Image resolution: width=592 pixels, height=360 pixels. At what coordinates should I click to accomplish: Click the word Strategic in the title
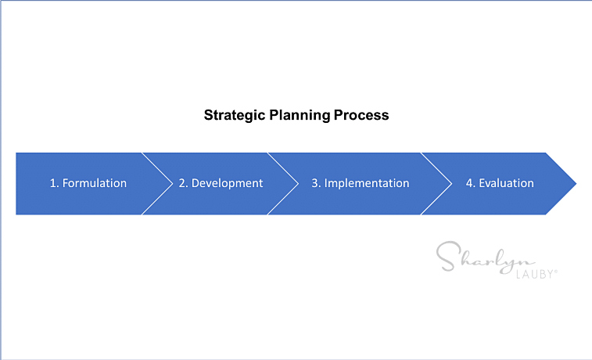click(235, 116)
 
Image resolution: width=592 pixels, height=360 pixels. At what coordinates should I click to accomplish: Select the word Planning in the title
click(300, 116)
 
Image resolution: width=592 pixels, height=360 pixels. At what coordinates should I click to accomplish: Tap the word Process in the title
click(361, 115)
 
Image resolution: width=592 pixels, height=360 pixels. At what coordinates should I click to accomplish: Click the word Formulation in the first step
click(95, 183)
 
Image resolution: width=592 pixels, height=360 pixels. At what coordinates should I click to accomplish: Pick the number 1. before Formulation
click(55, 183)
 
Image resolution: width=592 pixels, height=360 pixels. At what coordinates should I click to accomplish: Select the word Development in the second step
click(227, 184)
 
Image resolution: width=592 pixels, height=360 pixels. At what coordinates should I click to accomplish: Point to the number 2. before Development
click(183, 183)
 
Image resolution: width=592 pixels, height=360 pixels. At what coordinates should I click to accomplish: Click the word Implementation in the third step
click(367, 184)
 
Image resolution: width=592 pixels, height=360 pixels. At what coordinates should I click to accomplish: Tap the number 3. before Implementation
click(316, 183)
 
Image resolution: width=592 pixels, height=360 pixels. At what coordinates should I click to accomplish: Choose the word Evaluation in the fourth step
click(506, 183)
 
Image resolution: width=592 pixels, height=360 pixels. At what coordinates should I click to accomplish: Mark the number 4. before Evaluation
click(471, 183)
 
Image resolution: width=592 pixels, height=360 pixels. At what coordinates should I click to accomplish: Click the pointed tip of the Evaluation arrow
click(576, 184)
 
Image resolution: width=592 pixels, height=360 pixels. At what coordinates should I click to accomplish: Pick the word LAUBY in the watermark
click(535, 274)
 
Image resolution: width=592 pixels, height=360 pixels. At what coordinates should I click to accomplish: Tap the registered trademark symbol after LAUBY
click(556, 271)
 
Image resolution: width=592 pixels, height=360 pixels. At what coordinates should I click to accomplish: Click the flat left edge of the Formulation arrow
click(16, 184)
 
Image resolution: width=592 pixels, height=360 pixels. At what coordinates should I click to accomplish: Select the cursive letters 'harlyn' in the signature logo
click(498, 261)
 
